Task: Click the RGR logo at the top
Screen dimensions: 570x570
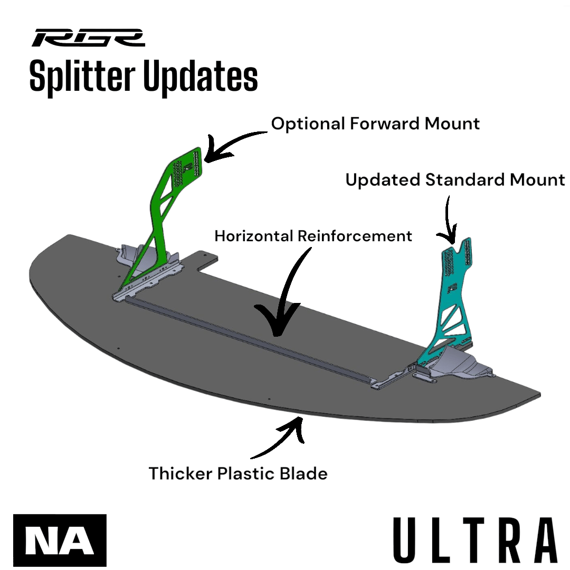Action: pos(88,38)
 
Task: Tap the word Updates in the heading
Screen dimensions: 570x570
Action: pos(201,77)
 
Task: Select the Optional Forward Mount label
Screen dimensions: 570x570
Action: pos(375,123)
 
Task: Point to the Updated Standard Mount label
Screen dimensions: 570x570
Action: pos(455,179)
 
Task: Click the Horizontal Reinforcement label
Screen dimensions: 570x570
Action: pos(313,235)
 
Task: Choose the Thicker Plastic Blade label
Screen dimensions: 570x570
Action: pos(238,473)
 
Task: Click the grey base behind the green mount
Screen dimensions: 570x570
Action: pos(132,256)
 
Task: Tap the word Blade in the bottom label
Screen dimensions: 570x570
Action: pos(303,473)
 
